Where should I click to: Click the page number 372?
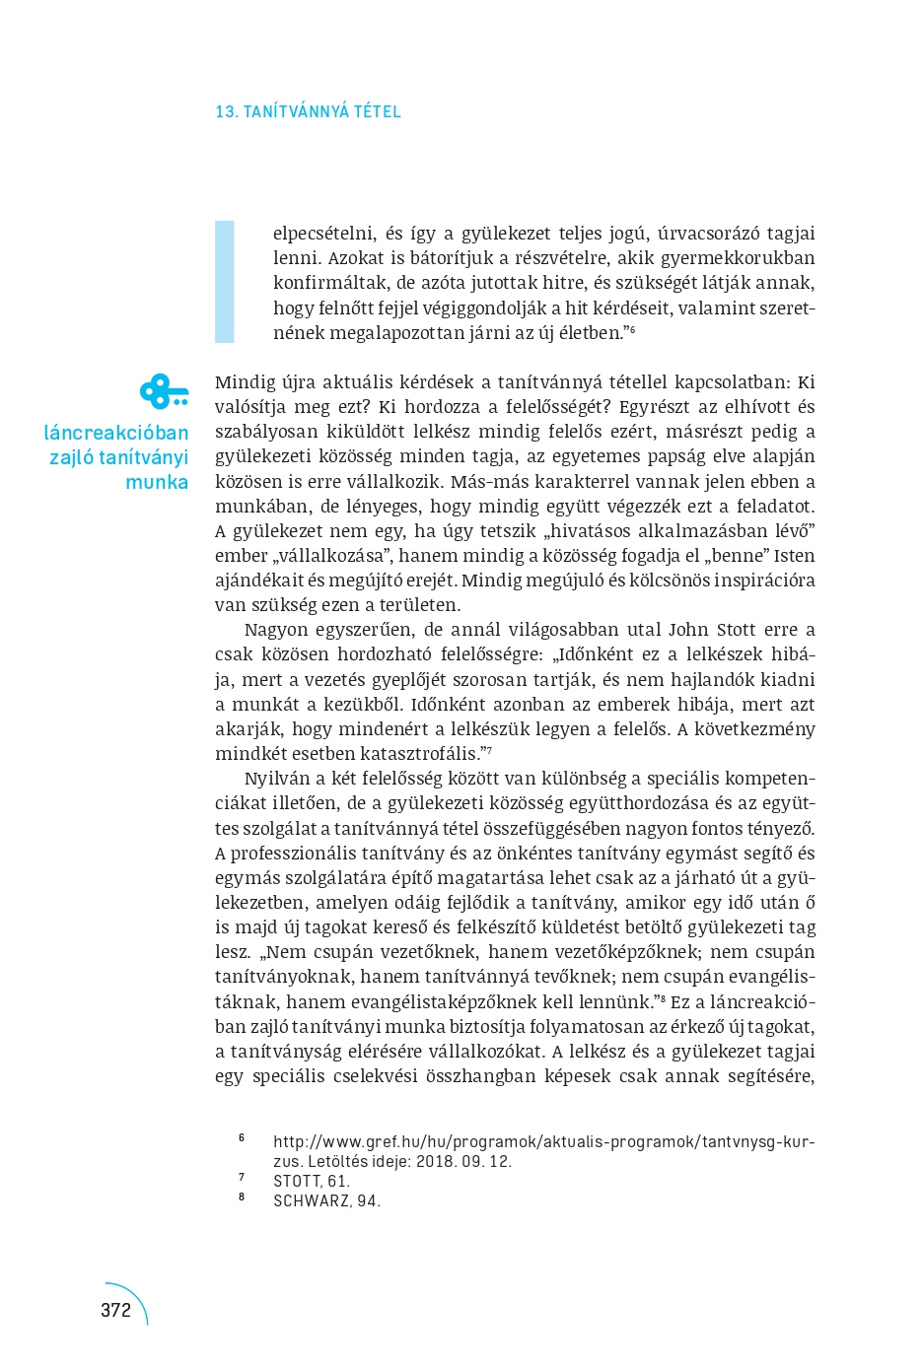coord(115,1310)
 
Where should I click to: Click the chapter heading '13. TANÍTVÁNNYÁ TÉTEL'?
coord(308,112)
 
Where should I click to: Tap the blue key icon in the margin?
coord(163,392)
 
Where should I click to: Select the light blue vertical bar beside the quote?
coord(225,282)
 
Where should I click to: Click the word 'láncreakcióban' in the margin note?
coord(116,433)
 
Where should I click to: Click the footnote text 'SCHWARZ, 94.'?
coord(326,1200)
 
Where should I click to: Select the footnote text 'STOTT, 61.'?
coord(312,1181)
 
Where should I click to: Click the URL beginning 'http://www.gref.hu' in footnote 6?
coord(543,1141)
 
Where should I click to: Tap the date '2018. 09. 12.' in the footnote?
coord(463,1161)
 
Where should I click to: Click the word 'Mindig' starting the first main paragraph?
coord(245,382)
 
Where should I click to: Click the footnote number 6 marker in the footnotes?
coord(242,1138)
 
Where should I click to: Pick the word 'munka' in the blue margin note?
coord(157,482)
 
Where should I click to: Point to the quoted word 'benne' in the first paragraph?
coord(711,556)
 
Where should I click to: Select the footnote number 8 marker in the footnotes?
coord(242,1198)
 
